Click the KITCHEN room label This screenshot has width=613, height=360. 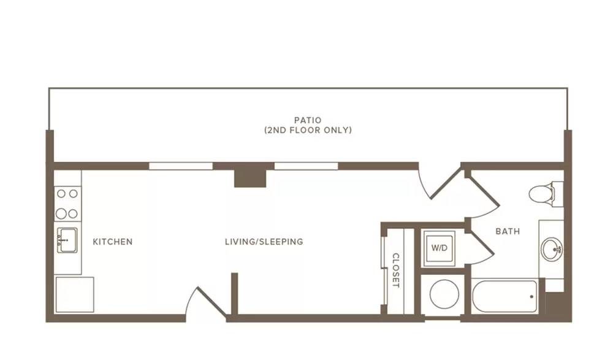coord(113,242)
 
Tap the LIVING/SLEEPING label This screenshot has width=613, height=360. coord(264,242)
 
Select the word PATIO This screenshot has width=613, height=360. coord(308,120)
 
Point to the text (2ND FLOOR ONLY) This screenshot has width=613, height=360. coord(308,130)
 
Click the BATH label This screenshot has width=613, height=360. coord(508,231)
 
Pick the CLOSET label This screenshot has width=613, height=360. coord(395,270)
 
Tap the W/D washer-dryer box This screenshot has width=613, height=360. coord(440,248)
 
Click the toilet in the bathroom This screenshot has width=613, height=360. coord(546,193)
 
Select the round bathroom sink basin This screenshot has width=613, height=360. coord(552,249)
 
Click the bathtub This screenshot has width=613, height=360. coord(504,296)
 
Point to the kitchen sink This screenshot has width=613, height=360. coord(67,240)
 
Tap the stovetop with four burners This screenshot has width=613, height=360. coord(67,204)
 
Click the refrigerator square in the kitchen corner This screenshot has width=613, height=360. coord(75,294)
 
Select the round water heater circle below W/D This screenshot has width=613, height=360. coord(444,294)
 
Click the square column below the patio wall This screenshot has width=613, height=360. coord(250,178)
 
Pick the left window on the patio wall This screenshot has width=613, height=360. coord(181,166)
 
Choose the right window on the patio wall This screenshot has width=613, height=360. coord(306,166)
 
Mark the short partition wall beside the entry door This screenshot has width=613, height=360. coord(235,294)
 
